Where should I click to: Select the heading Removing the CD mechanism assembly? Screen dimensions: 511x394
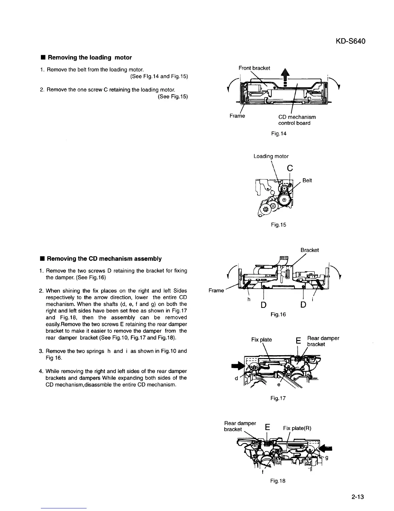[104, 259]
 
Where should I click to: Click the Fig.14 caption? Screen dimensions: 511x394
[278, 133]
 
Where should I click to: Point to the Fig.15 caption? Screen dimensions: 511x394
[278, 225]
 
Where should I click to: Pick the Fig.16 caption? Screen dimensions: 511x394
[278, 314]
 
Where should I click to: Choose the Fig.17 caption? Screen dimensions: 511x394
[278, 398]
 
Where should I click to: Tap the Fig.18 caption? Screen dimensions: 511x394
[278, 481]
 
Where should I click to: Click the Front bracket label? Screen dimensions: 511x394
[254, 68]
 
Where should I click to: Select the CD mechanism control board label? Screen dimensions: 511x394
[297, 120]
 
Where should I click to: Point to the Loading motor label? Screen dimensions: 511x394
[271, 156]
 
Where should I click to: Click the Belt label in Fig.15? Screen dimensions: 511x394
[307, 180]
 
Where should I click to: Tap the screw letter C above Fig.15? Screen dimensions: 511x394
[290, 168]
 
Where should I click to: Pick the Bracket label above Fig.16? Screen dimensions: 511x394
[310, 250]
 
